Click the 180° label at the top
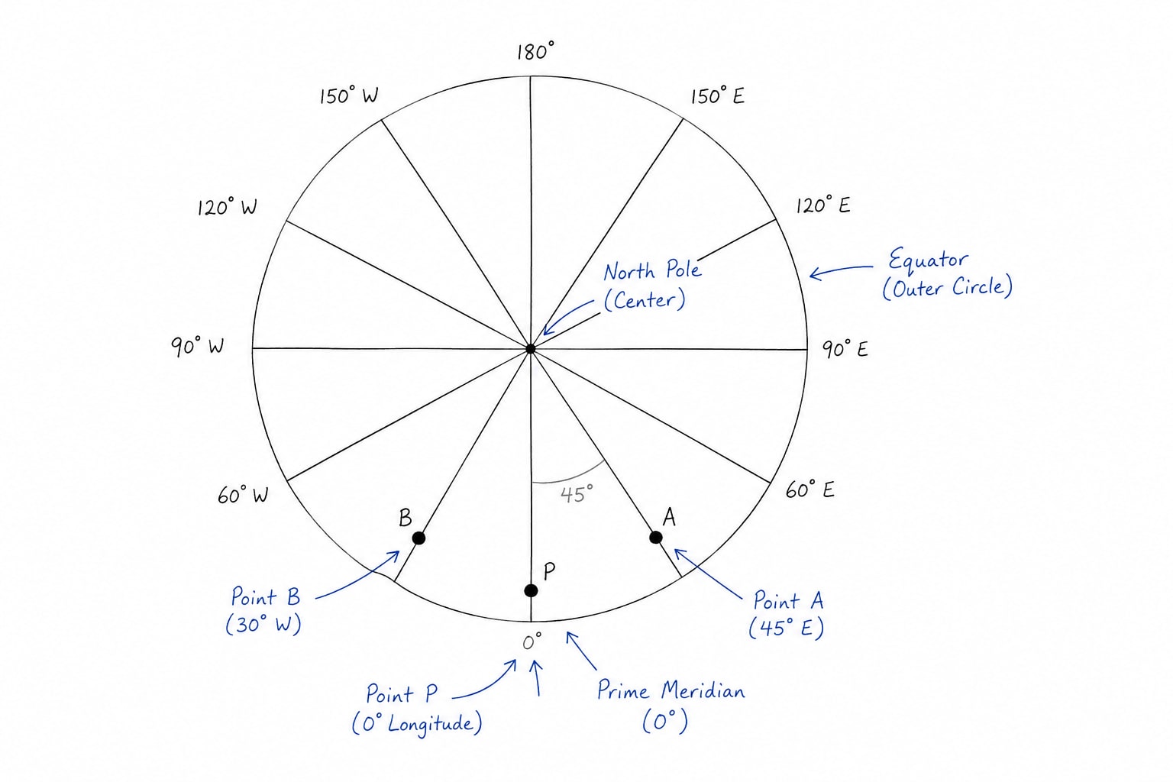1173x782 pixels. click(535, 51)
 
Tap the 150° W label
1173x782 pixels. click(349, 95)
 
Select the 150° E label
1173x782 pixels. click(717, 95)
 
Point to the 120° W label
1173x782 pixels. click(227, 207)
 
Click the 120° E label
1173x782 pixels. click(822, 205)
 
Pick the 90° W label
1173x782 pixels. click(198, 346)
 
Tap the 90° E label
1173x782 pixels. click(845, 349)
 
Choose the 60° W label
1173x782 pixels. click(243, 494)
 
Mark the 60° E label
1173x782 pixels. click(809, 490)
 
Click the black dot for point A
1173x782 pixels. click(656, 538)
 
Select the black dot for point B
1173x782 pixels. click(418, 538)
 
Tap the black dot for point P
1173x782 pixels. click(531, 591)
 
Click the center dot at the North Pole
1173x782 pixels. click(531, 349)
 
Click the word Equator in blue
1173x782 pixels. click(928, 260)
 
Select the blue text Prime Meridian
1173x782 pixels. click(671, 690)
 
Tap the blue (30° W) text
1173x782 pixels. click(263, 625)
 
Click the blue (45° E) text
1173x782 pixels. click(786, 628)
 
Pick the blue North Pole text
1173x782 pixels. click(652, 270)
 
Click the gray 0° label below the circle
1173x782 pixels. click(532, 641)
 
